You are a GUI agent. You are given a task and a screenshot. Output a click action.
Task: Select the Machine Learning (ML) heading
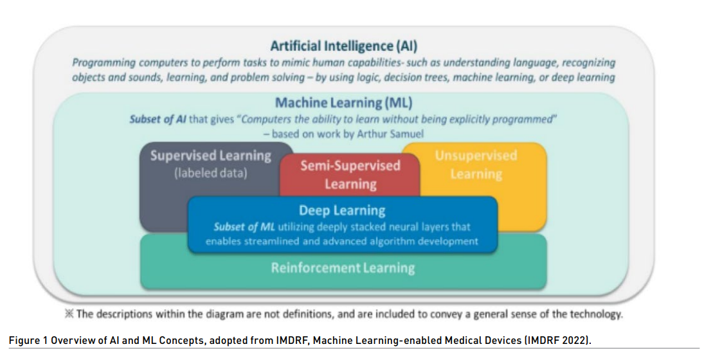(343, 103)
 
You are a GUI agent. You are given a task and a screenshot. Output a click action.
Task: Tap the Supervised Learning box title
(211, 156)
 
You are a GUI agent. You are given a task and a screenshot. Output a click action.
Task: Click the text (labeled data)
(211, 173)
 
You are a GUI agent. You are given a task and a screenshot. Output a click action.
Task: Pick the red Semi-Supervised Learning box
(350, 174)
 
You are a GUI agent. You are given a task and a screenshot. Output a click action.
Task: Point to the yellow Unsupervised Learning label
(476, 165)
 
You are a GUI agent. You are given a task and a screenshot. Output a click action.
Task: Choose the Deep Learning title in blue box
(342, 210)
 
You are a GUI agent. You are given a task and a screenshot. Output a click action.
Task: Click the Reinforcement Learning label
(343, 267)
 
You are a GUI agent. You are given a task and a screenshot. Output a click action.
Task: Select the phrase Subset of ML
(235, 227)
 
